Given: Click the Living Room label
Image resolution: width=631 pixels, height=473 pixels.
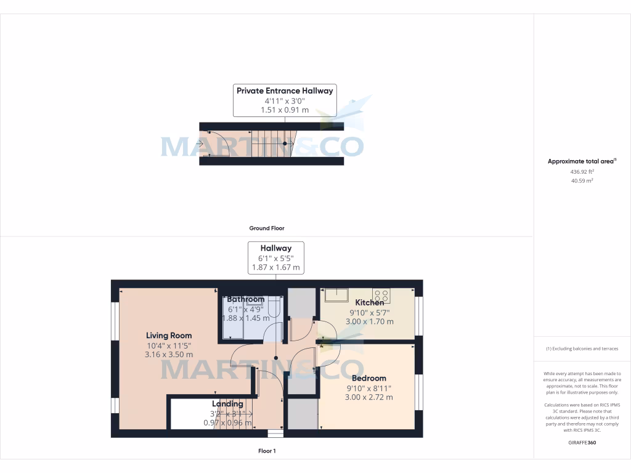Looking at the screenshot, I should coord(169,335).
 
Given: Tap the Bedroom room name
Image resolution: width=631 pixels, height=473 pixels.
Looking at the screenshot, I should coord(368,378).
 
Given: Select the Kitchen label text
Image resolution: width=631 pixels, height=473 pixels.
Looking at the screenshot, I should coord(370,302).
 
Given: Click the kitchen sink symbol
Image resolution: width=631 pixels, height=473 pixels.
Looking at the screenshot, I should coord(336,295).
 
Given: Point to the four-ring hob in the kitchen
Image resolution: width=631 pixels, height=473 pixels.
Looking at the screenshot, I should coord(381,295).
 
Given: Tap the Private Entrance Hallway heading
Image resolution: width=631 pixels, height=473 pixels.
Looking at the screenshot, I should coord(285,91).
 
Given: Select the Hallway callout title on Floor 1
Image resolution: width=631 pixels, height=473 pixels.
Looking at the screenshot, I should coord(275,248).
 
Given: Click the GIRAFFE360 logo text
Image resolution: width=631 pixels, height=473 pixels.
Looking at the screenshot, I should coord(582,442).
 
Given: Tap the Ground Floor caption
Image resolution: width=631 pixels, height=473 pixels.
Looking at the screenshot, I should coord(267,228).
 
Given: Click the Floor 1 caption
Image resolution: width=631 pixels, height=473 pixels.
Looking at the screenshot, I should coord(267,451).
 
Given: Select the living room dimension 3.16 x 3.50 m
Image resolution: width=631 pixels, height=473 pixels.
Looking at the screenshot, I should coord(169,354).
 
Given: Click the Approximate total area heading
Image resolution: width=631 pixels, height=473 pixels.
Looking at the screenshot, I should coord(582,161).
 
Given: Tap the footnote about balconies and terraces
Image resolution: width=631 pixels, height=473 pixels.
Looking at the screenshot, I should coord(582,349).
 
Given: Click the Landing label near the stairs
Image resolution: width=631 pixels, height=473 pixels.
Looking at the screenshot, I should coord(227,403).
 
